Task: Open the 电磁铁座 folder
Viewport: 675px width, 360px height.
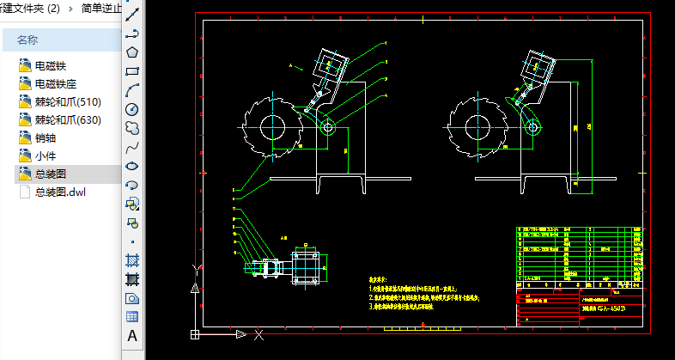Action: pos(55,84)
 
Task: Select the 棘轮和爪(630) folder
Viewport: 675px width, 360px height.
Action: pos(67,120)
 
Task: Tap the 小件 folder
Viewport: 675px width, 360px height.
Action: pos(46,156)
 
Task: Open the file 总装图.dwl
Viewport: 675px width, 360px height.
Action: pos(60,192)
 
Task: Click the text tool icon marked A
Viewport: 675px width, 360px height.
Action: pos(132,336)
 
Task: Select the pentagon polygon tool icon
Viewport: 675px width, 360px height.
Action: pos(132,52)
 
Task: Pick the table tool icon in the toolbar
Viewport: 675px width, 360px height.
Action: pos(132,317)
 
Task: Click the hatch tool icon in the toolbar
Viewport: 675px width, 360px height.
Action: pos(132,259)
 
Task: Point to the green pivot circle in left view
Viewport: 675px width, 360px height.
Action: pos(328,127)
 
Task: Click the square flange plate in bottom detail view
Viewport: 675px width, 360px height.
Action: pos(307,267)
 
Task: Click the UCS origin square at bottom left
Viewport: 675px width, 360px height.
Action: pos(196,333)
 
